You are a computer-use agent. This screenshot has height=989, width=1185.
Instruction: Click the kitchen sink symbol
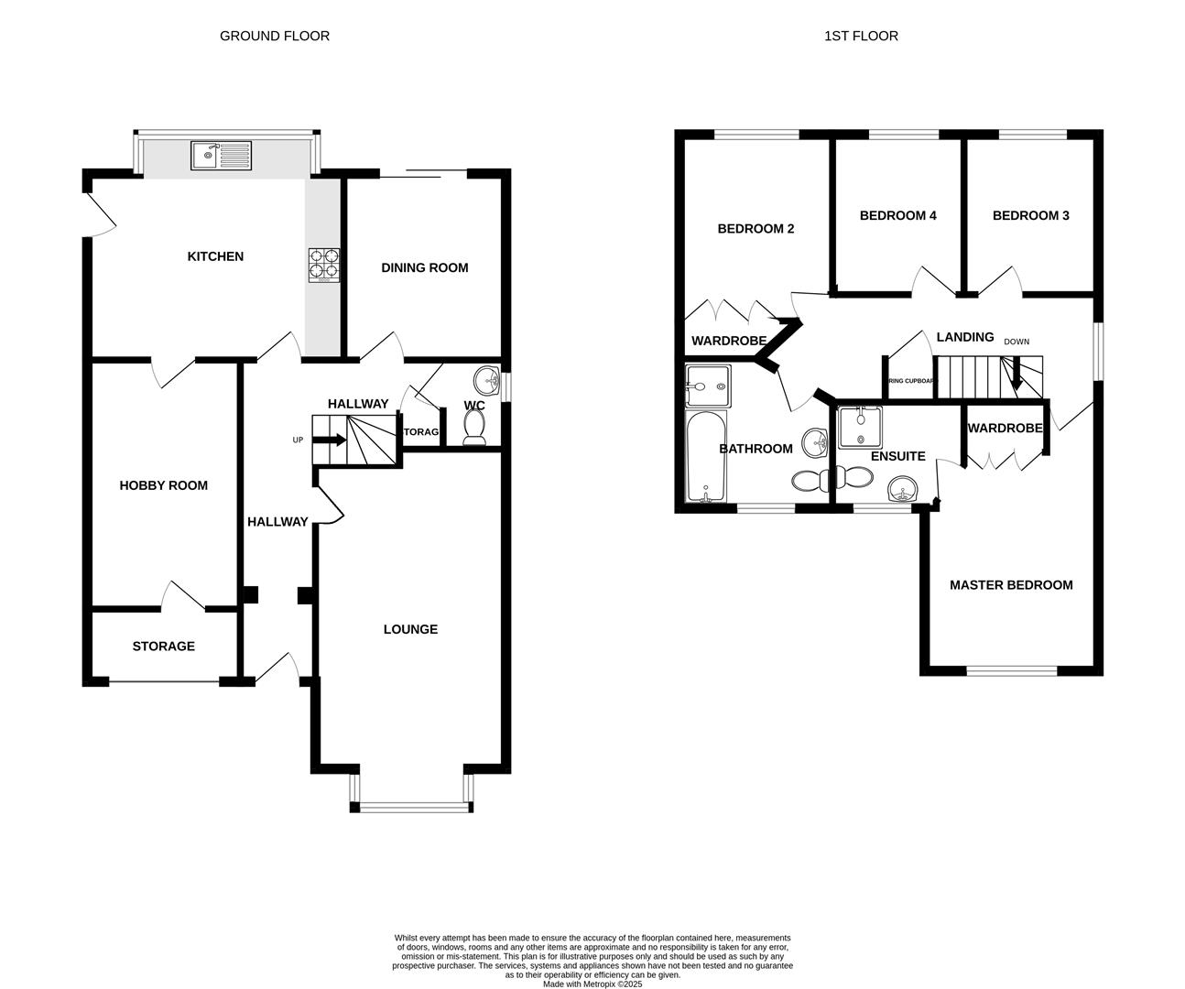pyautogui.click(x=221, y=155)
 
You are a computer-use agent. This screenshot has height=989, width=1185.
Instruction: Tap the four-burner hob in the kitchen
pyautogui.click(x=323, y=266)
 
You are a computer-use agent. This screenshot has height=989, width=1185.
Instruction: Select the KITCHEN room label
pyautogui.click(x=215, y=256)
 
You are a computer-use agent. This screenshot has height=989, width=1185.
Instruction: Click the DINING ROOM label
pyautogui.click(x=424, y=268)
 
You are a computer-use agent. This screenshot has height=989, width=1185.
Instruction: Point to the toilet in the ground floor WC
pyautogui.click(x=474, y=427)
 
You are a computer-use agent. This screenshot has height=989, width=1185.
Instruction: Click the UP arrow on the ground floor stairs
pyautogui.click(x=331, y=440)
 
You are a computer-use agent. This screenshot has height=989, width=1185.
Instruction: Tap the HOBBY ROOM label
pyautogui.click(x=163, y=485)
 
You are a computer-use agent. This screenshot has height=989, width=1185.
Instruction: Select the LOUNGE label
pyautogui.click(x=410, y=629)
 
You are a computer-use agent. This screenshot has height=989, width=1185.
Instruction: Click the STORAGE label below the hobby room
pyautogui.click(x=163, y=647)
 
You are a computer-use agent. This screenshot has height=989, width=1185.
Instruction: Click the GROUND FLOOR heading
pyautogui.click(x=274, y=36)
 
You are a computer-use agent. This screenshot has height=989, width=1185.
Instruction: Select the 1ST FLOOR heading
pyautogui.click(x=861, y=36)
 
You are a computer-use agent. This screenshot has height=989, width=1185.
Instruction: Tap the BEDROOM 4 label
pyautogui.click(x=897, y=216)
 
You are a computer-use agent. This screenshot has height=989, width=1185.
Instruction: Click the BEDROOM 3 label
pyautogui.click(x=1030, y=216)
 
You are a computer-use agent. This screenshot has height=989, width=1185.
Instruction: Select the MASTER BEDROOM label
pyautogui.click(x=1011, y=585)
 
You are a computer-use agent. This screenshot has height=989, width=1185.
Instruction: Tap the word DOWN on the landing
pyautogui.click(x=1016, y=342)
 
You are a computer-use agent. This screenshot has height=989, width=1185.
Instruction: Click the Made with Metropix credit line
pyautogui.click(x=592, y=984)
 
